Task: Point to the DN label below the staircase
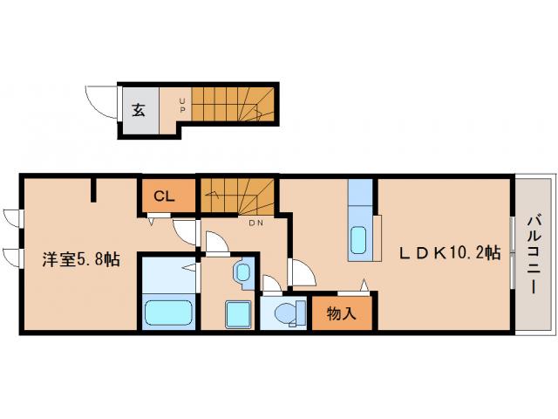click(x=256, y=223)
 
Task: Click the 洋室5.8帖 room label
click(x=82, y=259)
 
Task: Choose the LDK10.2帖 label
click(x=449, y=253)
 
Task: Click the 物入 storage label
click(x=341, y=313)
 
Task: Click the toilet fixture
click(x=287, y=312)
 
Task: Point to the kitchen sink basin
click(x=358, y=237)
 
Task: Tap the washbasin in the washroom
click(x=242, y=273)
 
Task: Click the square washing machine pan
click(x=237, y=313)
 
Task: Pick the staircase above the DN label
click(x=237, y=196)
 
